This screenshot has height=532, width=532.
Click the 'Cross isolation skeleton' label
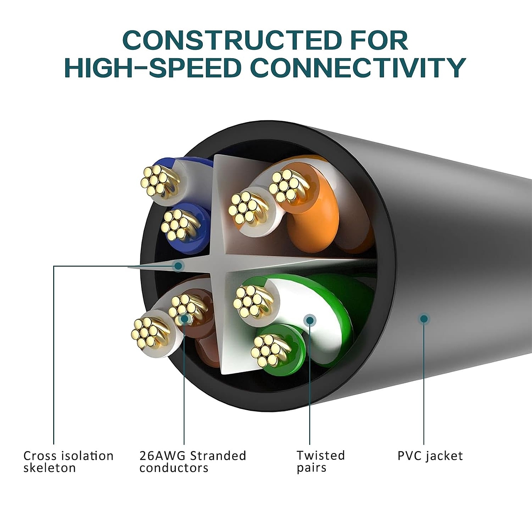pos(69,462)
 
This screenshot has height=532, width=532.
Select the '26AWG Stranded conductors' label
pos(193,462)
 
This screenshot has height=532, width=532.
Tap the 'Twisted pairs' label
pos(321,462)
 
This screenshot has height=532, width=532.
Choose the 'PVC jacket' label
pos(430,456)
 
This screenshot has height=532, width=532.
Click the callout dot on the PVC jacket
pos(424,319)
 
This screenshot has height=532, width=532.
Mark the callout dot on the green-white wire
pos(310,320)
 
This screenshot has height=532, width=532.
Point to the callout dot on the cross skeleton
pos(178,266)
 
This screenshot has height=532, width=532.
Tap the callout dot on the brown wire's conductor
pos(184,319)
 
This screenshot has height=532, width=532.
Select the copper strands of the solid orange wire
pos(284,185)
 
